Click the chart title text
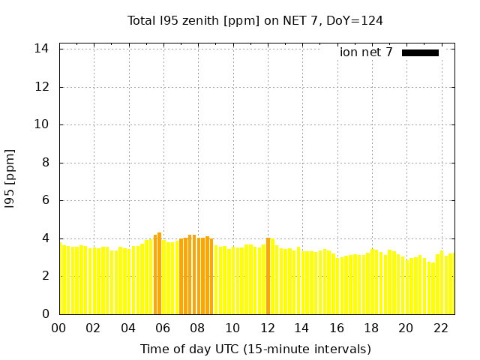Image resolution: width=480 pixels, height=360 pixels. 255,21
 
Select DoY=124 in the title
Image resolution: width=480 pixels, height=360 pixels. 355,20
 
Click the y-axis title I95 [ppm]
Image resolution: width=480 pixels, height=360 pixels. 10,178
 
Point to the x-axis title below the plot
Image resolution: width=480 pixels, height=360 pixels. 256,349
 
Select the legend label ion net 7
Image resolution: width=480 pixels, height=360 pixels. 366,52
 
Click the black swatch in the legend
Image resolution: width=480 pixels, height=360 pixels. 420,53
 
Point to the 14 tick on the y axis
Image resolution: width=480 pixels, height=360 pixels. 41,49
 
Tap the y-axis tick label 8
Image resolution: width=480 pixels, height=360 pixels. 46,163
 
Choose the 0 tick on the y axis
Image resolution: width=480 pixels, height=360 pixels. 46,313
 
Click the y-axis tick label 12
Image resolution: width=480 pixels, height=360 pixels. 41,87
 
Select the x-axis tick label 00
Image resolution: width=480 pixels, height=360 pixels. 58,328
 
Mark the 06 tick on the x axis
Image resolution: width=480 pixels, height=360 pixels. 163,328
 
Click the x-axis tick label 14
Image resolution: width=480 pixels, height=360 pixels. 301,328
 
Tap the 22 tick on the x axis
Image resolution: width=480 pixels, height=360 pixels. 441,328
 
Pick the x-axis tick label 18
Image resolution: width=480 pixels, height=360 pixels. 371,328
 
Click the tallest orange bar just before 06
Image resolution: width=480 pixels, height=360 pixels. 159,273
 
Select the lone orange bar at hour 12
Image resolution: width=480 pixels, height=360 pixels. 268,276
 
